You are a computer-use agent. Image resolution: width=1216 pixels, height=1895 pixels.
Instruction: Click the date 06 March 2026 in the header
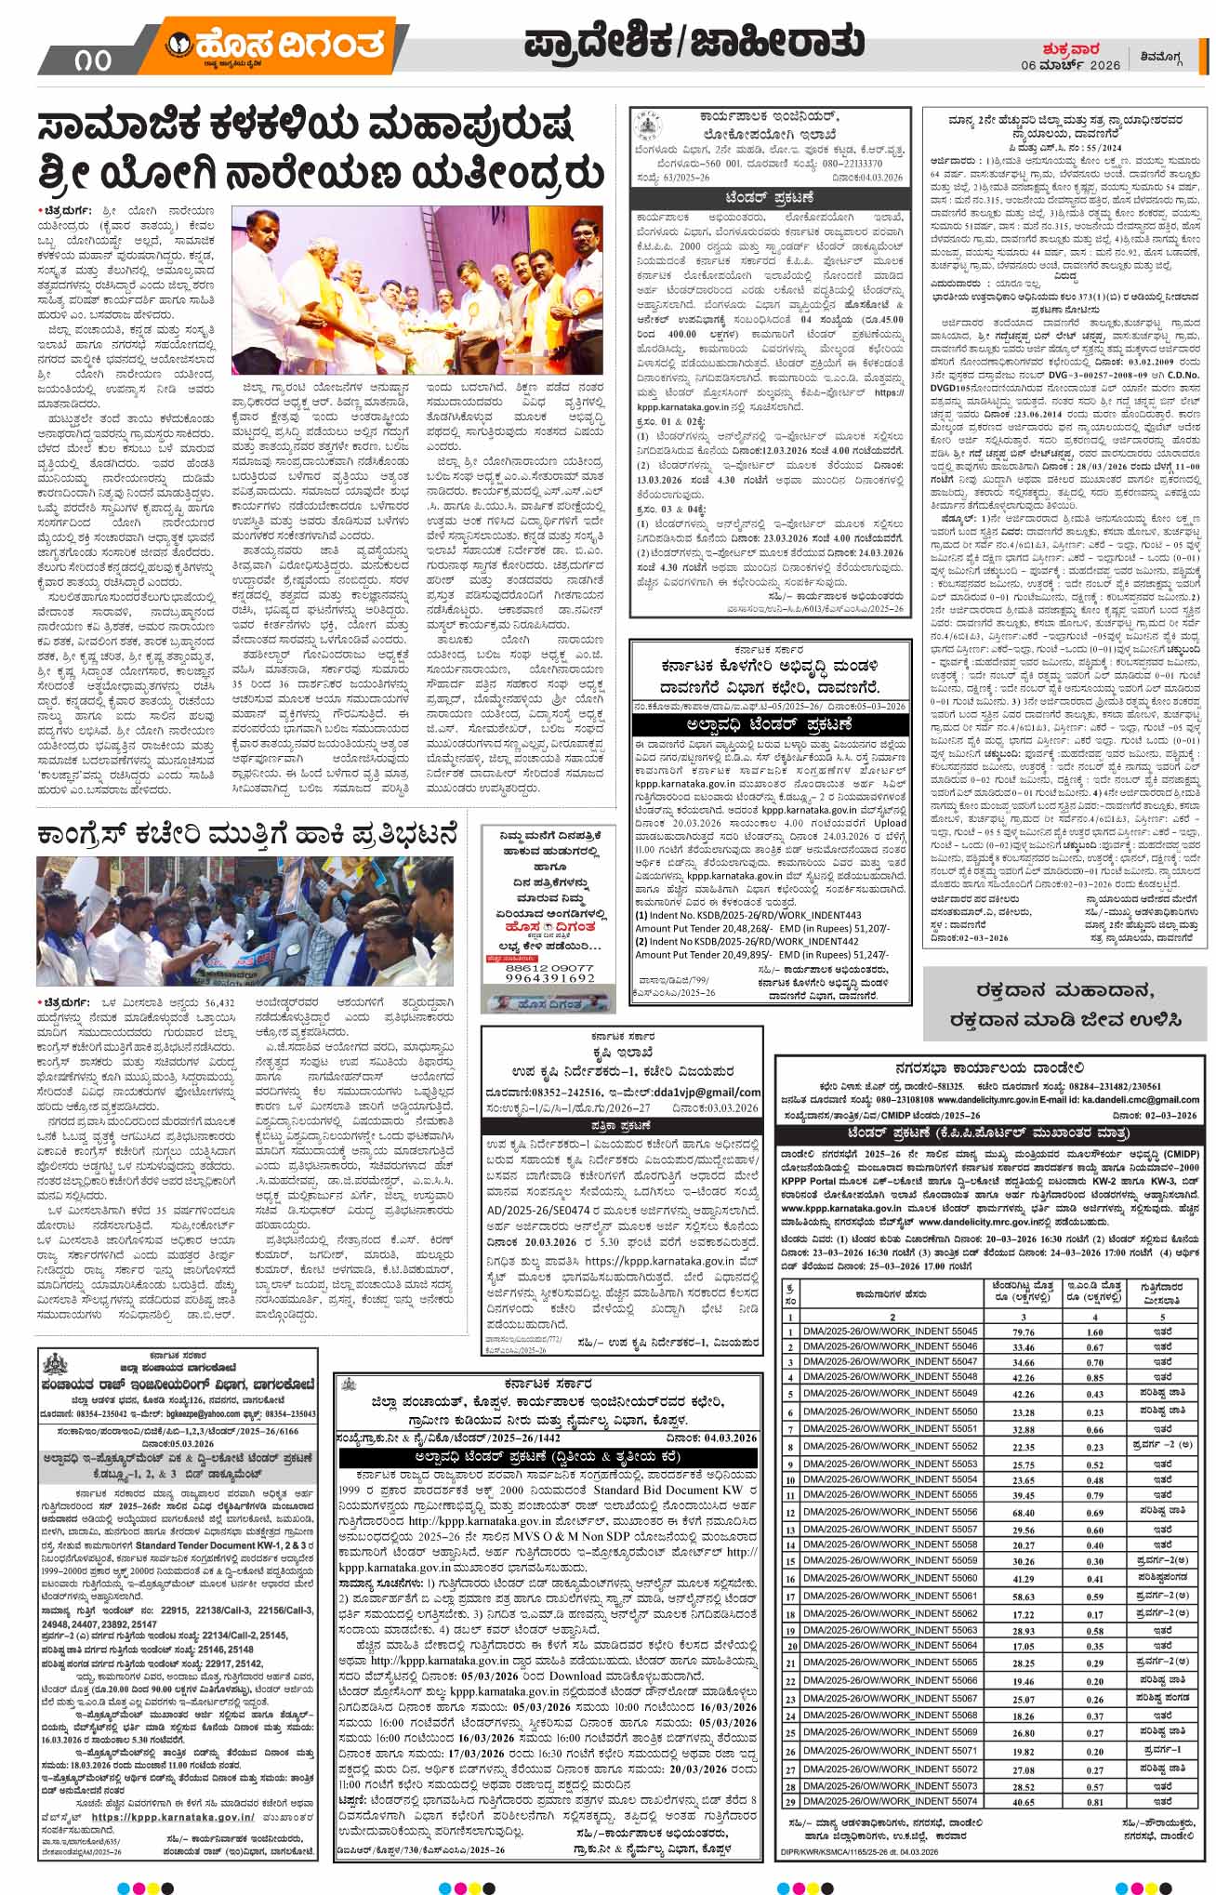point(1072,64)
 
